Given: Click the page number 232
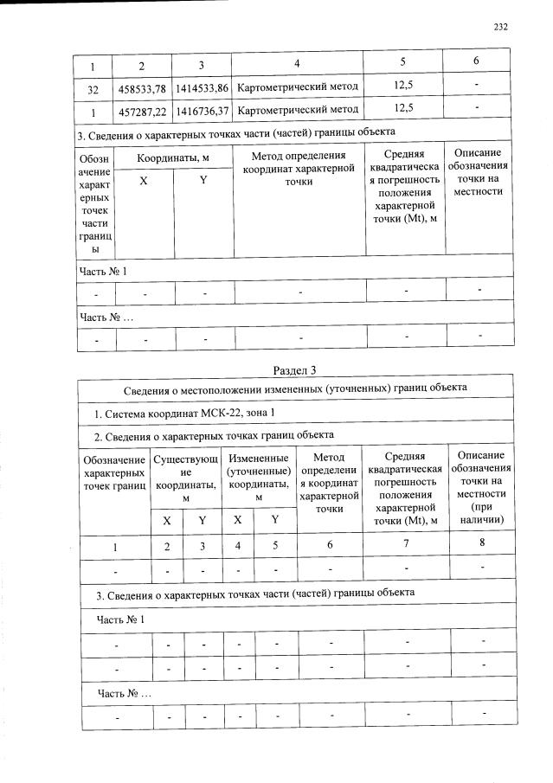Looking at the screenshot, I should [500, 27].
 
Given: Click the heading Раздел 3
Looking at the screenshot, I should [296, 370].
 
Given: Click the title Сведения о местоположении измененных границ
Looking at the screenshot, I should [296, 387].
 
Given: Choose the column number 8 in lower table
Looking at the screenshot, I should [481, 543].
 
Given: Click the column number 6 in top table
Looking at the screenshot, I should [475, 63].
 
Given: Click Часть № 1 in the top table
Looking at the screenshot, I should [103, 272].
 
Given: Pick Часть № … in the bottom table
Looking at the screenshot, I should [124, 694].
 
